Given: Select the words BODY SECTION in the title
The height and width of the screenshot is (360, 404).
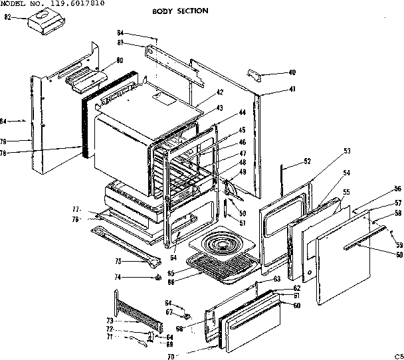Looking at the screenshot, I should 181,11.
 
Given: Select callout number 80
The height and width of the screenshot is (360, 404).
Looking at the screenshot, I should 120,61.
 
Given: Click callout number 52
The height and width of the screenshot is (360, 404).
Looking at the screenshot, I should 307,161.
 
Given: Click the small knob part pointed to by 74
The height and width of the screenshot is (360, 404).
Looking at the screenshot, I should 158,278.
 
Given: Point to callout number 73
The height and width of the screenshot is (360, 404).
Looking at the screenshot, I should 110,321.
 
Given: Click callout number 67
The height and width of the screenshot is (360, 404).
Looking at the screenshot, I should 169,312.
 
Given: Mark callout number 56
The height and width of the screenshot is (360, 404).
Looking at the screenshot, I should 397,189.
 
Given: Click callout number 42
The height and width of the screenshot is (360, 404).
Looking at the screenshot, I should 220,92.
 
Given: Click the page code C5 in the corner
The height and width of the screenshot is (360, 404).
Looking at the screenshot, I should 397,355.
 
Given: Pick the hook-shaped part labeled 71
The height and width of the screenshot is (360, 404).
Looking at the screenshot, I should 137,341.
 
